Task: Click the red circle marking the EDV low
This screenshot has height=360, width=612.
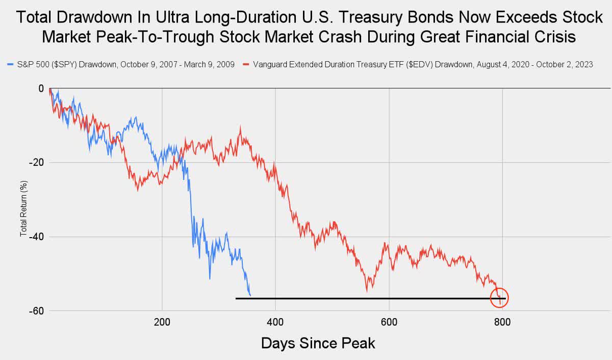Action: pos(499,298)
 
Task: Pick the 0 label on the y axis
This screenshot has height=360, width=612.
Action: pos(41,88)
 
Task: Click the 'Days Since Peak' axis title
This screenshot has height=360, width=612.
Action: pos(318,343)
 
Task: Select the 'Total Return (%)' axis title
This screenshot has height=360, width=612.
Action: pos(23,200)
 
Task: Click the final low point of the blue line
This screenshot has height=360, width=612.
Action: pos(250,295)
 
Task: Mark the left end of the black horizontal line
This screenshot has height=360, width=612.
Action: pos(236,298)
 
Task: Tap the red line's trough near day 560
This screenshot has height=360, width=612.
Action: pos(367,291)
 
